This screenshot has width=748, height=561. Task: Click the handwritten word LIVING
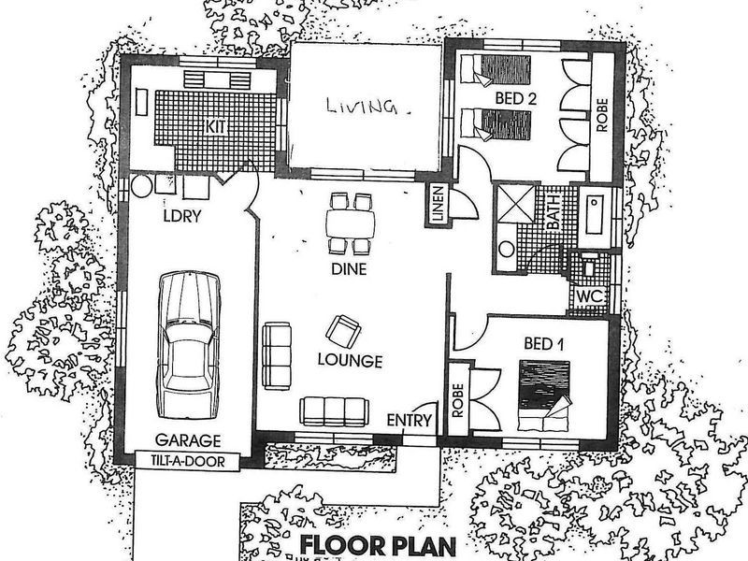362,107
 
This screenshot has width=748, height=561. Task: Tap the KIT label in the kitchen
215,127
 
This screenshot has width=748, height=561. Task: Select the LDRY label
182,216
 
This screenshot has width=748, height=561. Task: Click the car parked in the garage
190,345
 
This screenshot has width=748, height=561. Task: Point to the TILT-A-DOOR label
188,461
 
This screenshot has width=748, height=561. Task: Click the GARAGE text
188,440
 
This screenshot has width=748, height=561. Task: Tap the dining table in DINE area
351,223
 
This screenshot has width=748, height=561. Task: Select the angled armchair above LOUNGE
343,332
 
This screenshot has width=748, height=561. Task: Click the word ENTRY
409,420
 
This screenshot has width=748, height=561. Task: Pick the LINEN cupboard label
438,205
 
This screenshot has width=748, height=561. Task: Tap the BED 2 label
516,98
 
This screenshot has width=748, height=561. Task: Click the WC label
590,296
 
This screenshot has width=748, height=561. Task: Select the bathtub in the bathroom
595,215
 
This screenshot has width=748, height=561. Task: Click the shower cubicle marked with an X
516,204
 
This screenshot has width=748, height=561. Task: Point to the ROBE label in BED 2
602,115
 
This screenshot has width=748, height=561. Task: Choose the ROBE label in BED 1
458,400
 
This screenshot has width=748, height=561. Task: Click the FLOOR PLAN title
378,545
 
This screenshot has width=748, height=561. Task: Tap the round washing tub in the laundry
142,186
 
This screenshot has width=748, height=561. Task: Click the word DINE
349,269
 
